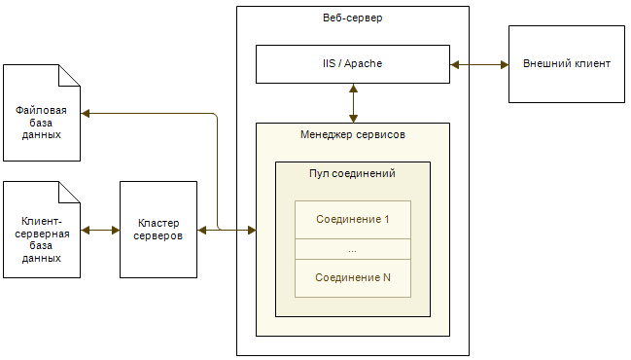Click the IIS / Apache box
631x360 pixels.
352,63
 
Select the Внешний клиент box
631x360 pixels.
567,63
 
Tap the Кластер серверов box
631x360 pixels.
158,231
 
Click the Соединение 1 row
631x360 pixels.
352,219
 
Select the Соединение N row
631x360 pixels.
352,277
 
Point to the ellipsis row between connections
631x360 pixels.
352,249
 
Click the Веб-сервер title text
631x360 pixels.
352,18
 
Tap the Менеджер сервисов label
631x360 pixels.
352,134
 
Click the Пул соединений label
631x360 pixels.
352,173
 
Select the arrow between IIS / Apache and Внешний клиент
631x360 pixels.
479,64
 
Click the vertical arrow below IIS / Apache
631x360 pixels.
352,102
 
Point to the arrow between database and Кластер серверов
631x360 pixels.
100,231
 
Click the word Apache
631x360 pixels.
369,63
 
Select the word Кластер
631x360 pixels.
158,224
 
